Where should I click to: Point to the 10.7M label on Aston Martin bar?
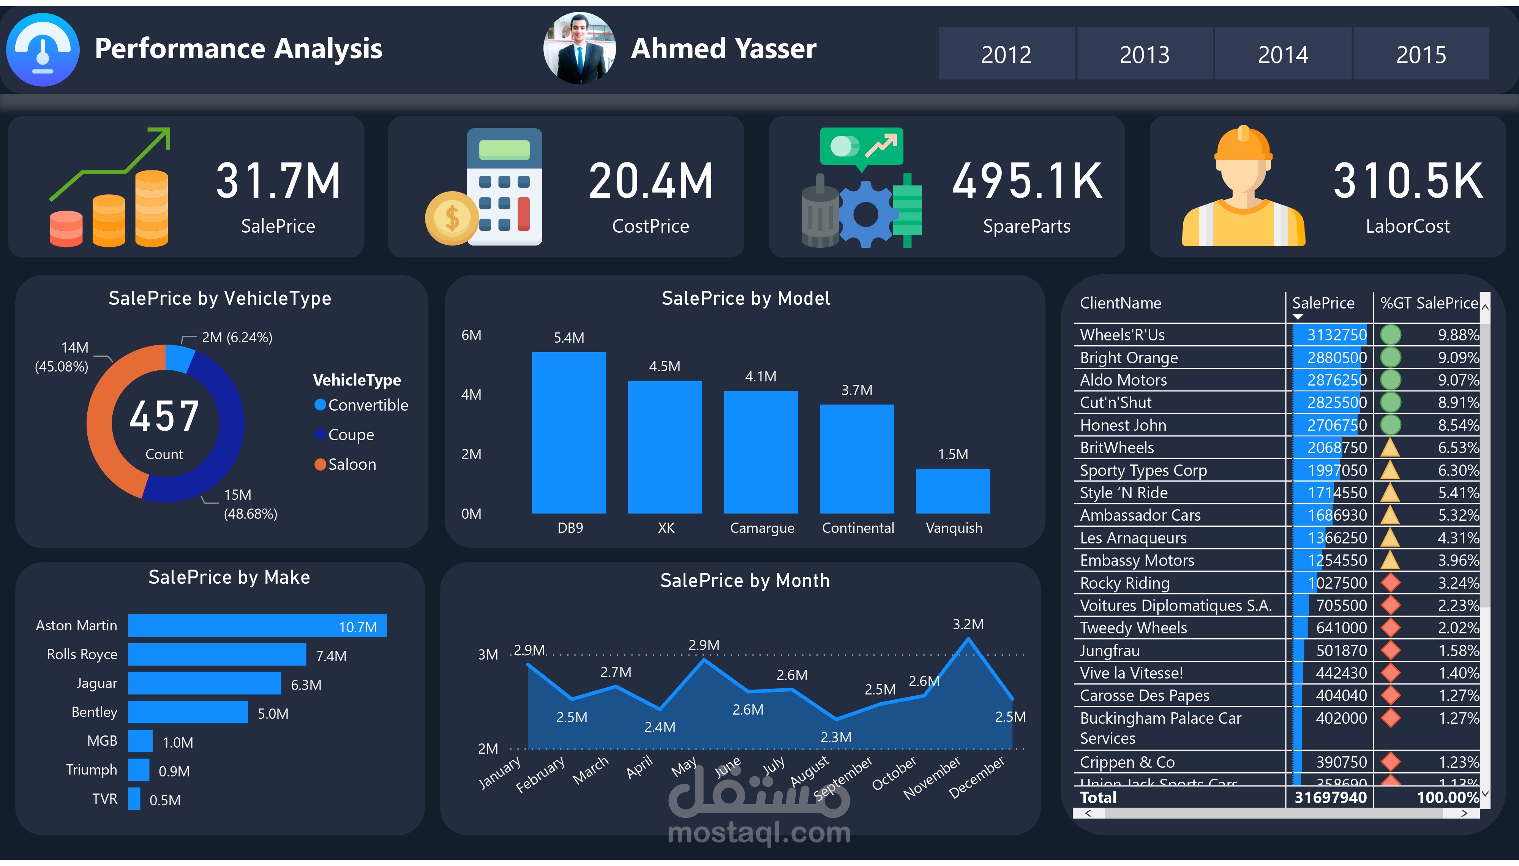point(358,627)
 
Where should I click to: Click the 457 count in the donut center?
point(164,416)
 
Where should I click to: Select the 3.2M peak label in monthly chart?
point(968,624)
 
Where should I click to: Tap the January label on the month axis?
point(500,772)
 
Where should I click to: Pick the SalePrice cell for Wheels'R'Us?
point(1336,335)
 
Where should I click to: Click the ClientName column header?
point(1120,303)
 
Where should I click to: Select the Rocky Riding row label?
point(1124,583)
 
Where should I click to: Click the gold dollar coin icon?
point(452,218)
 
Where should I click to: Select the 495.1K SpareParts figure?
point(1026,181)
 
